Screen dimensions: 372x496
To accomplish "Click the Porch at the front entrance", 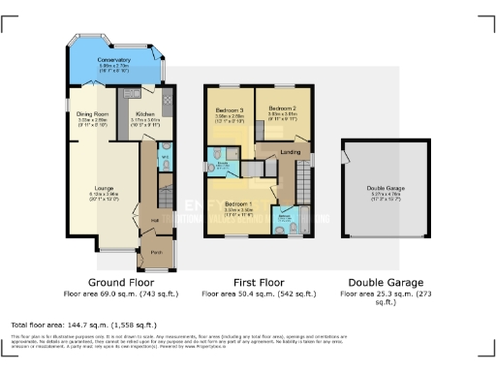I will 156,256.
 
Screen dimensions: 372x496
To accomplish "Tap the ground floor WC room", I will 165,157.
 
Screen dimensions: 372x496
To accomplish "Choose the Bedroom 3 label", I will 229,109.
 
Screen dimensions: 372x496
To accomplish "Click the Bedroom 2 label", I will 281,108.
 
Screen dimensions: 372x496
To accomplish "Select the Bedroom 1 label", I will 238,204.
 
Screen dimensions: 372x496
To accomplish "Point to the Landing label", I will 289,152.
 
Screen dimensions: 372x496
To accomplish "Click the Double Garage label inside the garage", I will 386,189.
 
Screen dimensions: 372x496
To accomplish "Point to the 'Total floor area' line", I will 82,325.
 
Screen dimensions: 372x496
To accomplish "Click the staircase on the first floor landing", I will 303,180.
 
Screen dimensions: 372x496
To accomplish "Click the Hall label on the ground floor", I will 154,221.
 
